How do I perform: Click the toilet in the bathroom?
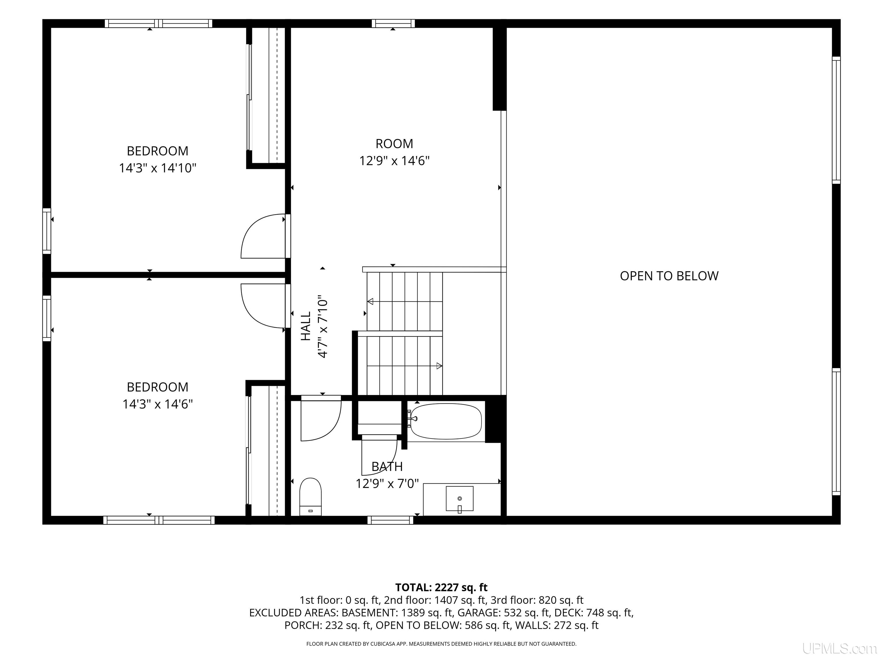310,496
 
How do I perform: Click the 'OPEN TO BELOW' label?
669,276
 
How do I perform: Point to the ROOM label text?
394,144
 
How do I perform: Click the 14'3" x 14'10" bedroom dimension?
158,168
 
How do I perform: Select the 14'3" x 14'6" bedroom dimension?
158,404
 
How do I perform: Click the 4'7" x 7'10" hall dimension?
323,327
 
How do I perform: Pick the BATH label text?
387,466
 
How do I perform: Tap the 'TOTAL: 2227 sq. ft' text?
441,587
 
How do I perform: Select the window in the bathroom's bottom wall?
390,520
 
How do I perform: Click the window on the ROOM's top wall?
393,24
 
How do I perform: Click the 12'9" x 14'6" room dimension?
394,161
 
